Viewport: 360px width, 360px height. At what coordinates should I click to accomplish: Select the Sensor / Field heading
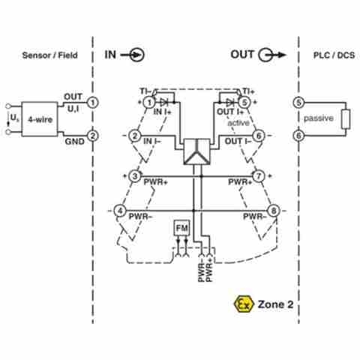coord(50,55)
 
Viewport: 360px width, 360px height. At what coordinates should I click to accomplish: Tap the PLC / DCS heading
coord(334,55)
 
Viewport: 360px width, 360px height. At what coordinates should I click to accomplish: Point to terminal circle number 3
coord(135,176)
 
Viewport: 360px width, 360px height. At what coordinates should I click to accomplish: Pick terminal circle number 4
coord(120,211)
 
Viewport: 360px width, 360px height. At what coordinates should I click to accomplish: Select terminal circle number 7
coord(259,176)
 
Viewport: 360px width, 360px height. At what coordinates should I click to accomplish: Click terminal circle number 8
coord(274,211)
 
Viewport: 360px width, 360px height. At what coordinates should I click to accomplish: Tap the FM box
coord(181,228)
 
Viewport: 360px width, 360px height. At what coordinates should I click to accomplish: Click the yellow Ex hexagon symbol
coord(244,304)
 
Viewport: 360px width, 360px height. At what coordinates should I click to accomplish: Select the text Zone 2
coord(275,304)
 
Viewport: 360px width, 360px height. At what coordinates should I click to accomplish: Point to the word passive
coord(319,118)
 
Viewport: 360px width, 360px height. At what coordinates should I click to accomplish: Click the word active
coord(238,123)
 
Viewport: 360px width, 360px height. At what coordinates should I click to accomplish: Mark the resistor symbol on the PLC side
coord(346,119)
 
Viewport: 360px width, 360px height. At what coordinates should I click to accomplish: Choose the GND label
coord(74,142)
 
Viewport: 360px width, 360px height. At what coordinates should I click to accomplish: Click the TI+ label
coord(248,91)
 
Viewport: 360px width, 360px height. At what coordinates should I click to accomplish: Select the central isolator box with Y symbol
coord(196,151)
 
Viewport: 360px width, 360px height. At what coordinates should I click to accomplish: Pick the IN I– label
coord(152,141)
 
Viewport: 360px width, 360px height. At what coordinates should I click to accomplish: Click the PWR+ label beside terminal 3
coord(155,182)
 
